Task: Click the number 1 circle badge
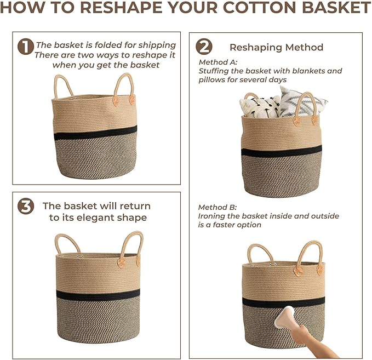click(26, 46)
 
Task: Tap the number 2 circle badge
click(204, 46)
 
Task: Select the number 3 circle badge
click(26, 206)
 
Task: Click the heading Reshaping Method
click(276, 47)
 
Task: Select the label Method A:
click(218, 62)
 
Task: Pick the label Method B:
click(218, 207)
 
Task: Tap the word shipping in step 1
click(157, 45)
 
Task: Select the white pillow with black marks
click(260, 107)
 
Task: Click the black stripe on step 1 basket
click(95, 133)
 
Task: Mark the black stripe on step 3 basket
click(98, 295)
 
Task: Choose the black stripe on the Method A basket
click(282, 151)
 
